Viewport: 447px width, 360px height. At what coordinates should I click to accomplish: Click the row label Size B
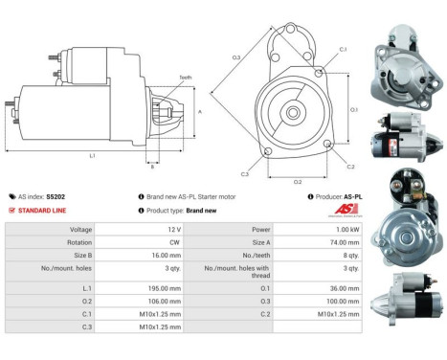(x=80, y=257)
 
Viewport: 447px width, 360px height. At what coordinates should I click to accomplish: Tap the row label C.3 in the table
(x=86, y=326)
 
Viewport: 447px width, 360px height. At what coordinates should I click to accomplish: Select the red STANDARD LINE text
(x=45, y=210)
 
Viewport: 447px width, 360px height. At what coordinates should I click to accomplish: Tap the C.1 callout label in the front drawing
(x=343, y=48)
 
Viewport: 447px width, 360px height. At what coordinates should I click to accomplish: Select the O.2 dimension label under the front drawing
(x=297, y=180)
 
